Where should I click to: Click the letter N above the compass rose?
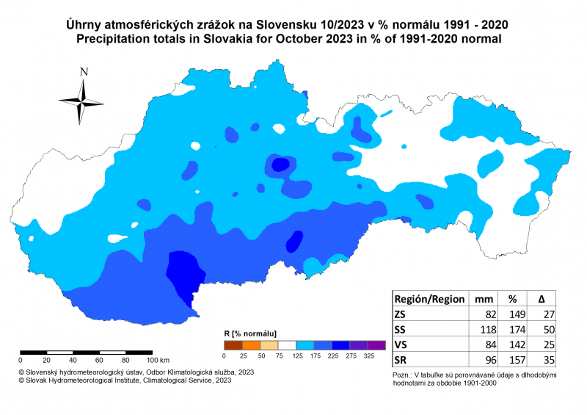tap(84, 72)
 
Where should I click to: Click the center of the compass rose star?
tap(81, 101)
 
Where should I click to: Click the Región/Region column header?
tap(430, 299)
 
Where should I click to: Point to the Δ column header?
tap(541, 299)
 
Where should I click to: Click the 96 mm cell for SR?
tap(484, 360)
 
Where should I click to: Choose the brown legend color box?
tap(233, 344)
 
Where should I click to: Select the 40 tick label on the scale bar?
tap(73, 360)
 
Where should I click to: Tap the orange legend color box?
tap(251, 344)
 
